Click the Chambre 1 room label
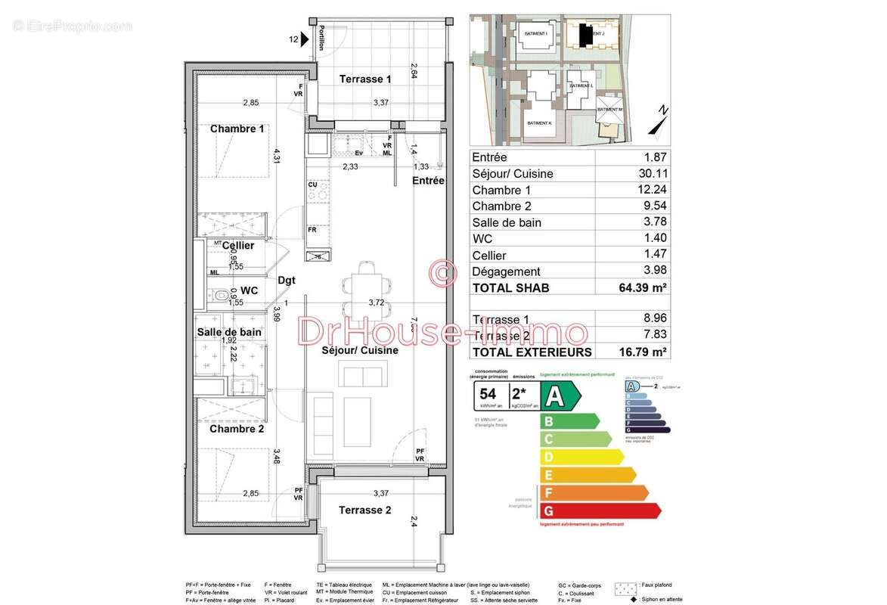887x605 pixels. click(x=237, y=129)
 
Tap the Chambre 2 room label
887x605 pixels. click(x=237, y=429)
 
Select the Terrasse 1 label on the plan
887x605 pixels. click(x=365, y=79)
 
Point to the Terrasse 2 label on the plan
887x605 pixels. click(x=364, y=510)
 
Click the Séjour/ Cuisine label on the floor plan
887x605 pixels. click(x=359, y=351)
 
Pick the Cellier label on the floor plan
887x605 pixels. click(x=237, y=246)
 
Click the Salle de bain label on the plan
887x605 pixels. click(x=229, y=332)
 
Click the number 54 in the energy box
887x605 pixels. click(x=488, y=394)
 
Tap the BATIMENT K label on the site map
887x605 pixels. click(x=539, y=123)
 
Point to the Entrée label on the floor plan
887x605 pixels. click(x=428, y=181)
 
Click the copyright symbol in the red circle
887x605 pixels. click(x=443, y=272)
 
